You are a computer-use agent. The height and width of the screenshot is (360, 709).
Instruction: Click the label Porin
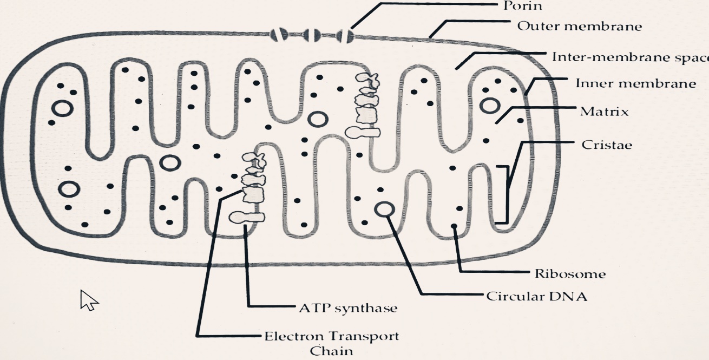pyautogui.click(x=522, y=6)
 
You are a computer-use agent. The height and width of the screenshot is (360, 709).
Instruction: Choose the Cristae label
pyautogui.click(x=607, y=145)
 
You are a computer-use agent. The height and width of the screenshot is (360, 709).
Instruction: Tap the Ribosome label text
pyautogui.click(x=570, y=274)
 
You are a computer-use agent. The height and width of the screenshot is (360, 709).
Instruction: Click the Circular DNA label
pyautogui.click(x=536, y=297)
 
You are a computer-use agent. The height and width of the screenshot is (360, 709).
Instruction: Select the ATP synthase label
pyautogui.click(x=348, y=309)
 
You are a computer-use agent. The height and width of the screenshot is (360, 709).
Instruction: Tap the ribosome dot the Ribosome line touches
pyautogui.click(x=454, y=226)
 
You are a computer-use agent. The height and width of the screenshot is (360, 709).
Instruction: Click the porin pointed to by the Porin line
pyautogui.click(x=345, y=36)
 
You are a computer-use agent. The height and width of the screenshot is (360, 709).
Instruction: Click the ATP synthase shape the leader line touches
pyautogui.click(x=247, y=218)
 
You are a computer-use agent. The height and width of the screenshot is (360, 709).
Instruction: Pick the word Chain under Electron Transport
pyautogui.click(x=331, y=351)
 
